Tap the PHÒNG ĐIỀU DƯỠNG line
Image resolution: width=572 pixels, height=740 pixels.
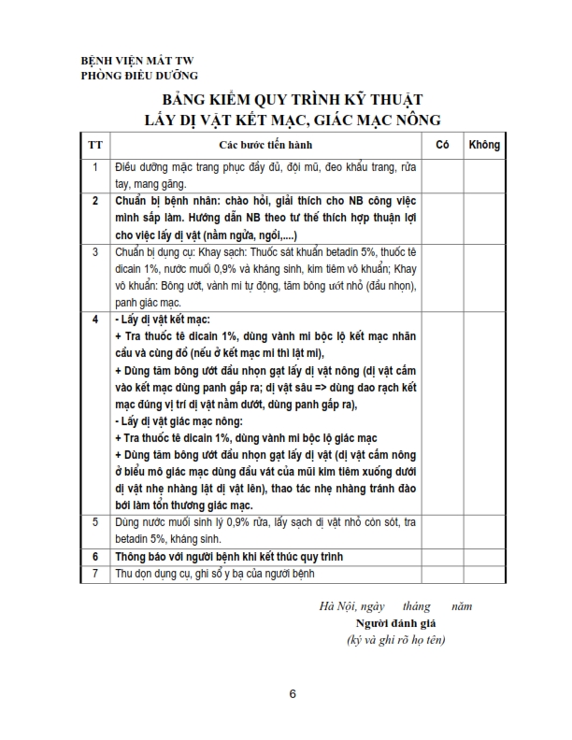pos(139,77)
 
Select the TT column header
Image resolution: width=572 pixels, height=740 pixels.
pos(95,145)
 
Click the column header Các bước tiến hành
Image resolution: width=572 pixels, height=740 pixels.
pos(265,145)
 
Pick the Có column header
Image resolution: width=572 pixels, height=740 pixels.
pos(443,145)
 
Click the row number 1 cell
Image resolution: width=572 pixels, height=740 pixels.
pos(95,167)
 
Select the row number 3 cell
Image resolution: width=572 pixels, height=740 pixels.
pos(95,252)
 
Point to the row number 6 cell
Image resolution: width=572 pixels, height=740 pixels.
pos(95,556)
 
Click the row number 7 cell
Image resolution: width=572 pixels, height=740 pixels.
pos(95,573)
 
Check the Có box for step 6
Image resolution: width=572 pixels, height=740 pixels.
pos(443,556)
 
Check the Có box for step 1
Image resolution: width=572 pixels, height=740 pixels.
pos(443,175)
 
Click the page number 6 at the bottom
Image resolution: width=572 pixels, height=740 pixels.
pos(293,694)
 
